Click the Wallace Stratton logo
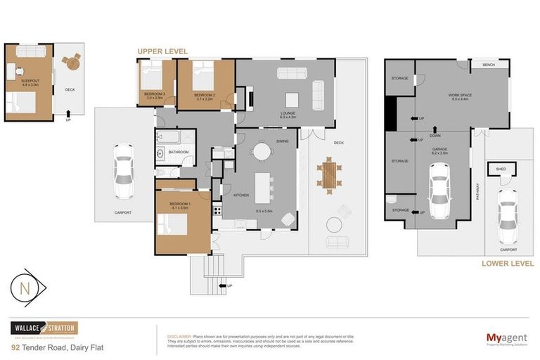pos(44,328)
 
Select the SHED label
pos(501,169)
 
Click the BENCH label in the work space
pos(489,65)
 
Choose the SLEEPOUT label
pos(30,82)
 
